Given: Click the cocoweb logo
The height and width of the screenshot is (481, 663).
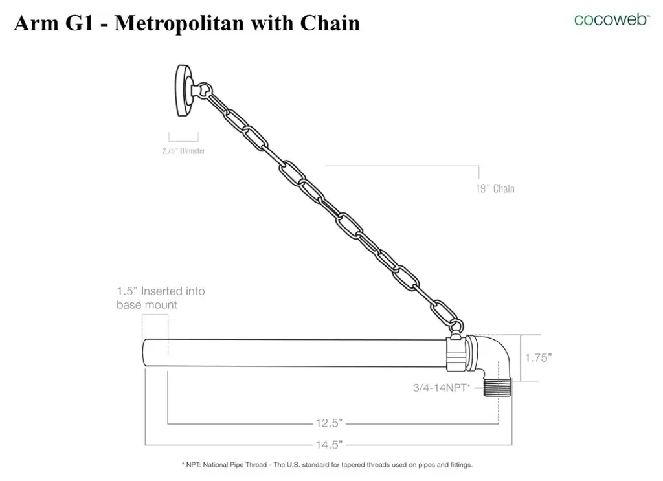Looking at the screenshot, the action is coord(612,19).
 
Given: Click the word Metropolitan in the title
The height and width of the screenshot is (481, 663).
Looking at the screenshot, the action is coord(179,23).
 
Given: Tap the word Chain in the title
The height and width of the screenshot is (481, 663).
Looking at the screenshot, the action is coord(330,23).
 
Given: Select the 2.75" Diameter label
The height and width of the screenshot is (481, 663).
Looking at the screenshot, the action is coord(183,151).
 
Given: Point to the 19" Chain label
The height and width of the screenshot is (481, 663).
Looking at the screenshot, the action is coord(495,188).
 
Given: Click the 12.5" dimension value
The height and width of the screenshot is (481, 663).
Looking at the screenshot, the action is coord(329,423).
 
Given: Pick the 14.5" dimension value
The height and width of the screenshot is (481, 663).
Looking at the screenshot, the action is coord(329,445).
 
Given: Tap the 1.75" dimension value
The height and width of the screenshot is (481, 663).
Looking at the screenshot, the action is coord(538,357).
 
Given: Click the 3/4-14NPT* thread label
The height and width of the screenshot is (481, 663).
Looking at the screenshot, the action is coord(442,388).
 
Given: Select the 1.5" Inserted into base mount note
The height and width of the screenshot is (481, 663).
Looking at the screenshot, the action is coord(161,298).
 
